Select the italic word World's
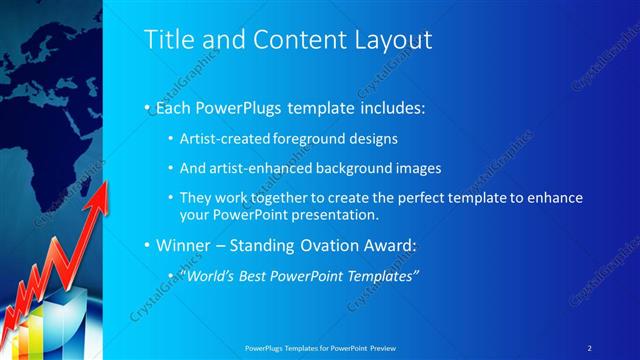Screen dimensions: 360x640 coord(206,275)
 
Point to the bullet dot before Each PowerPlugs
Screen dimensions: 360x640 coord(147,105)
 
